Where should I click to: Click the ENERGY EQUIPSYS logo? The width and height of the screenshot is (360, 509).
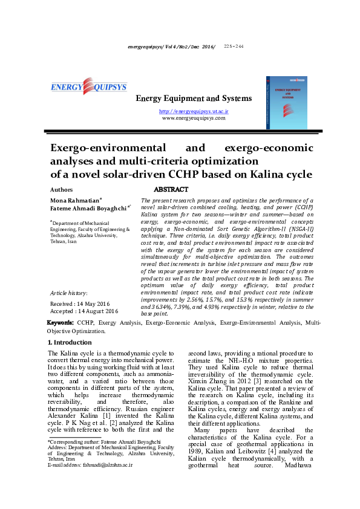coord(88,87)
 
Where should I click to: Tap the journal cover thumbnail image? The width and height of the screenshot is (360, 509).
coord(287,102)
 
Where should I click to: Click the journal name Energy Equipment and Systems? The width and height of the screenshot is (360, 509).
coord(193,99)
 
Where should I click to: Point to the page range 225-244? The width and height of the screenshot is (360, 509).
coord(234,46)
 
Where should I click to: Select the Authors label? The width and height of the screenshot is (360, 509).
coord(59,189)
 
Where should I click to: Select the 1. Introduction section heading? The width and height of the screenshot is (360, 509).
coord(70,343)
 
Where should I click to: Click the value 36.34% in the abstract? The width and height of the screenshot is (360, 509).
coord(167,306)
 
